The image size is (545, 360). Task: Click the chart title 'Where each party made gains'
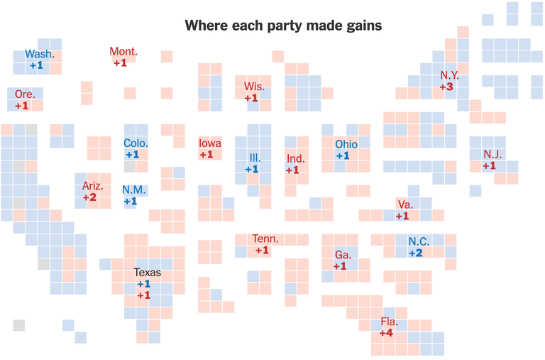pos(283,26)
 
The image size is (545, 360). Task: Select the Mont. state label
pos(123,52)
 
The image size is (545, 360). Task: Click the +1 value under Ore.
pos(22,106)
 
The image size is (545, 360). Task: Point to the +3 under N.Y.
pos(446,87)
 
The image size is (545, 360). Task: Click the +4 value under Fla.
pos(387,333)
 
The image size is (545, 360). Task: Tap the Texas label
pos(147,273)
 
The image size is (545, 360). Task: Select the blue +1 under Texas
pos(143,284)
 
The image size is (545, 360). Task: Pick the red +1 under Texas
pos(143,295)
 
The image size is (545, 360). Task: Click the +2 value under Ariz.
pos(89,197)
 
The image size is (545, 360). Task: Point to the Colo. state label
pos(136,143)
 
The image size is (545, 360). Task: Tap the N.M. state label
pos(133,190)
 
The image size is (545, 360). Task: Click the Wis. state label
pos(254,87)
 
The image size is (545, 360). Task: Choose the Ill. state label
pos(255,158)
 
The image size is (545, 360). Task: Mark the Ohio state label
pos(346,145)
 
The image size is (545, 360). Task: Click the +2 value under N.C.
pos(415,253)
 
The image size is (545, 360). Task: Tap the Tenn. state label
pos(265,239)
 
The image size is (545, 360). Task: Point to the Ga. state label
pos(343,254)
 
